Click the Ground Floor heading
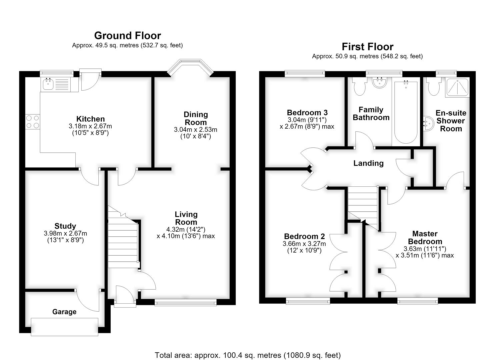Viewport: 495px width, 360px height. click(x=128, y=36)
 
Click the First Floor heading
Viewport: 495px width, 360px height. click(x=367, y=47)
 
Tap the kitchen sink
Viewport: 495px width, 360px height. click(x=48, y=85)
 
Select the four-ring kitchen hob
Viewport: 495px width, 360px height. click(x=33, y=122)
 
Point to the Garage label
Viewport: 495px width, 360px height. click(x=64, y=312)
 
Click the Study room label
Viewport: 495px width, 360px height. click(x=65, y=226)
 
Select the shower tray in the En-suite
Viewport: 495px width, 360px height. click(x=457, y=88)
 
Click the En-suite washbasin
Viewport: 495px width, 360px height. click(x=428, y=124)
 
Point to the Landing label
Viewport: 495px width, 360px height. click(x=368, y=163)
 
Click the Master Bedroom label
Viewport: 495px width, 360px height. click(x=425, y=238)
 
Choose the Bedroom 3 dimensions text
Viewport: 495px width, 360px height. click(x=307, y=123)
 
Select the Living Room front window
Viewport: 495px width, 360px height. click(x=185, y=302)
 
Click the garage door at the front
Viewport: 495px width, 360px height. click(x=64, y=327)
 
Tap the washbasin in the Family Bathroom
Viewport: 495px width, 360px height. click(x=379, y=83)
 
